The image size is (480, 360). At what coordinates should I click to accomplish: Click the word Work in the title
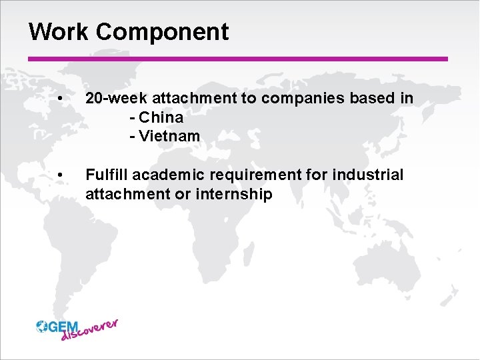click(55, 31)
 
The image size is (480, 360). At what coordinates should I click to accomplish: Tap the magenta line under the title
click(238, 59)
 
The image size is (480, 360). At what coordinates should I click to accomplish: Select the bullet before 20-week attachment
click(61, 99)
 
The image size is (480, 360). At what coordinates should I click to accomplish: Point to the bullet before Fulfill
click(61, 176)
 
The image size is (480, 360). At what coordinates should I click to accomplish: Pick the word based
click(371, 99)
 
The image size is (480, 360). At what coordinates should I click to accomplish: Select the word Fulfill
click(106, 175)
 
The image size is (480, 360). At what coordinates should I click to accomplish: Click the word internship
click(233, 194)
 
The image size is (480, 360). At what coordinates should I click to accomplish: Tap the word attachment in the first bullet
click(199, 99)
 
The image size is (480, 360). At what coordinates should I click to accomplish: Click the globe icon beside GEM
click(42, 326)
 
